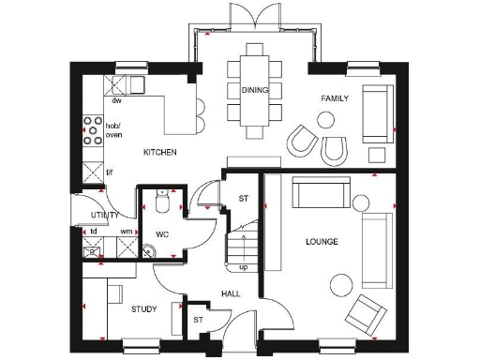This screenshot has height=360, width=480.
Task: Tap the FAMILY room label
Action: tap(335, 98)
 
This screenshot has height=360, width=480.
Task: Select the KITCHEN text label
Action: tap(160, 152)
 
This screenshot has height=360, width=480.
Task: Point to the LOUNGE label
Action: tap(322, 242)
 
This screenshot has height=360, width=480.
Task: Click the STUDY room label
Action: tap(143, 308)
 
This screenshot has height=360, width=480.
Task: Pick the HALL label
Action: tap(231, 293)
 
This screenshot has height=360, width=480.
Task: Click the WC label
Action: tap(161, 233)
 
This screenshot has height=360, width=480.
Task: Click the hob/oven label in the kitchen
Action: tap(113, 130)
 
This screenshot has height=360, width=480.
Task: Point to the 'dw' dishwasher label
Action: tap(117, 100)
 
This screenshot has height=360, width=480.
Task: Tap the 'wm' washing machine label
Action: tap(126, 231)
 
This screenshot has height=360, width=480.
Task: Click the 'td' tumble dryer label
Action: tap(94, 231)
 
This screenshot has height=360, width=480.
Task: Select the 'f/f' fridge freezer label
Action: tap(110, 172)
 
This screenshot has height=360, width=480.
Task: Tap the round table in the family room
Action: tap(326, 120)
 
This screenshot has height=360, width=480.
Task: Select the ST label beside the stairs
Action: tap(243, 198)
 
